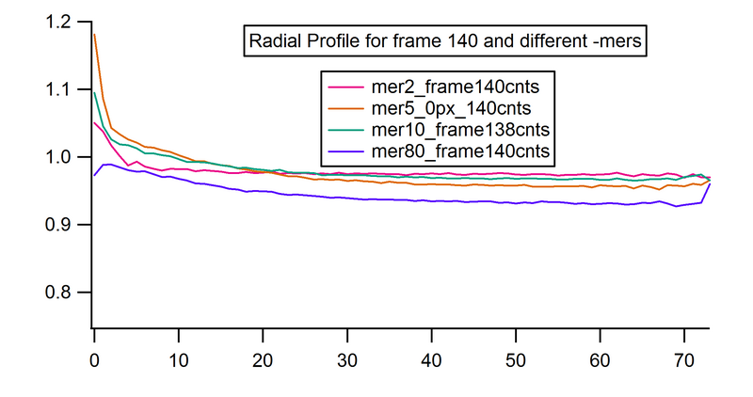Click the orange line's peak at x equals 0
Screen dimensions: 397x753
click(x=95, y=35)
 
